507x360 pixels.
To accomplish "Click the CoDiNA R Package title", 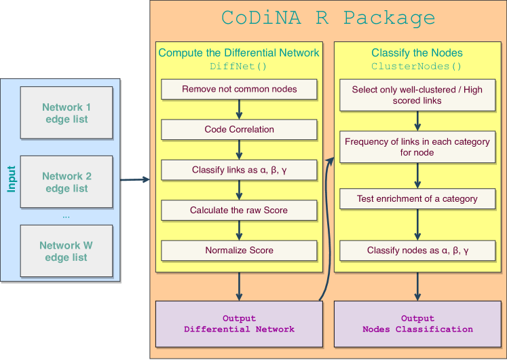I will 328,18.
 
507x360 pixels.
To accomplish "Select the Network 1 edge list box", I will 67,113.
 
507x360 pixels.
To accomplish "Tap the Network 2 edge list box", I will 67,182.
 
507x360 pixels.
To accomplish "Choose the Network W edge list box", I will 67,251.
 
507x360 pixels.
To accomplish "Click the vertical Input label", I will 12,179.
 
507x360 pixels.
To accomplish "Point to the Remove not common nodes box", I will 239,89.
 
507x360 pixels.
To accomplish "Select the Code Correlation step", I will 239,129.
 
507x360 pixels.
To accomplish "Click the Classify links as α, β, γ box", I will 239,170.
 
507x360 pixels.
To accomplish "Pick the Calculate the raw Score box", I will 239,210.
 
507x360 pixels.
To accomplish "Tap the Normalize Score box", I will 239,250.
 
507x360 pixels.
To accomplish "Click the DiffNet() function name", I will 239,67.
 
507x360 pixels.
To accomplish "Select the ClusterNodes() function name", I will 416,67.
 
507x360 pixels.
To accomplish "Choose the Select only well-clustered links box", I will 416,95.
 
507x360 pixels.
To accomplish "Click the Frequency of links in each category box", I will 416,147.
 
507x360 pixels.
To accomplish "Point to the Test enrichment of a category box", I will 416,199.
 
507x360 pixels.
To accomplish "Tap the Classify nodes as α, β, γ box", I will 416,250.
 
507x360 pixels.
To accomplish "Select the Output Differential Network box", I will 239,324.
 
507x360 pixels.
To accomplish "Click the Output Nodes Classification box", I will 416,324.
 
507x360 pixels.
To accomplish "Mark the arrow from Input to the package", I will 134,180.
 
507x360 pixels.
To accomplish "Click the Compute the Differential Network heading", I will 239,52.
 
